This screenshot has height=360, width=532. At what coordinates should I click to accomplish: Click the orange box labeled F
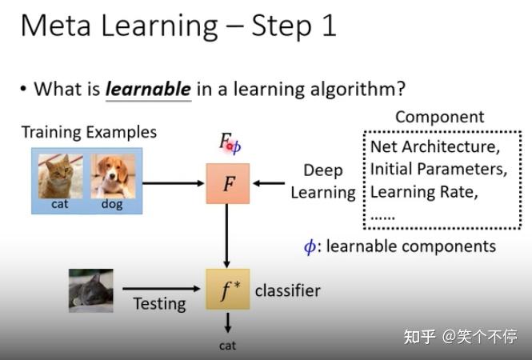coord(228,183)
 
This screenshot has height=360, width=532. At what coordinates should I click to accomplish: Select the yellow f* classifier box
coord(228,289)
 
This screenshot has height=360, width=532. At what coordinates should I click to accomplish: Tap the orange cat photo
coord(59,176)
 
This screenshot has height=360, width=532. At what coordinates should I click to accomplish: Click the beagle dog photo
coord(112,176)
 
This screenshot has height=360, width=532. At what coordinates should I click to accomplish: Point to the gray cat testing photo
coord(90,290)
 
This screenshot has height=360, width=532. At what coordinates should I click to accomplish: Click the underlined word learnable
coord(148,89)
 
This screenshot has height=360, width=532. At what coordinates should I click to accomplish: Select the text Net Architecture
coord(433,147)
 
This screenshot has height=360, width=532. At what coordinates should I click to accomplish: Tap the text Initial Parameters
coord(438,170)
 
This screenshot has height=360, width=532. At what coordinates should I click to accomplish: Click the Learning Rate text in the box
coord(423,192)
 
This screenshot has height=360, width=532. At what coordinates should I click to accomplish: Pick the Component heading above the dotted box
coord(439,117)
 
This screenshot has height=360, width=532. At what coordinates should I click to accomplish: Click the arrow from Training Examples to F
coord(174,183)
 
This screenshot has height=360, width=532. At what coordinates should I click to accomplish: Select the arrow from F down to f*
coord(228,235)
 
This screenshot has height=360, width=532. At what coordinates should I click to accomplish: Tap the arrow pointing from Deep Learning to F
coord(269,183)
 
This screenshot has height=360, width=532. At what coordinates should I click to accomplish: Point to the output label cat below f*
coord(228,346)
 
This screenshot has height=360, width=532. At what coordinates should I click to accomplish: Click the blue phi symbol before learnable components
coord(310,246)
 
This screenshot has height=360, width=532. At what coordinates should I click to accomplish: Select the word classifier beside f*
coord(287,290)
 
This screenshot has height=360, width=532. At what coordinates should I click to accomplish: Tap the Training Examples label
coord(89,132)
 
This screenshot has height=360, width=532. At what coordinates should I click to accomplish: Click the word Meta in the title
coord(58,26)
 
